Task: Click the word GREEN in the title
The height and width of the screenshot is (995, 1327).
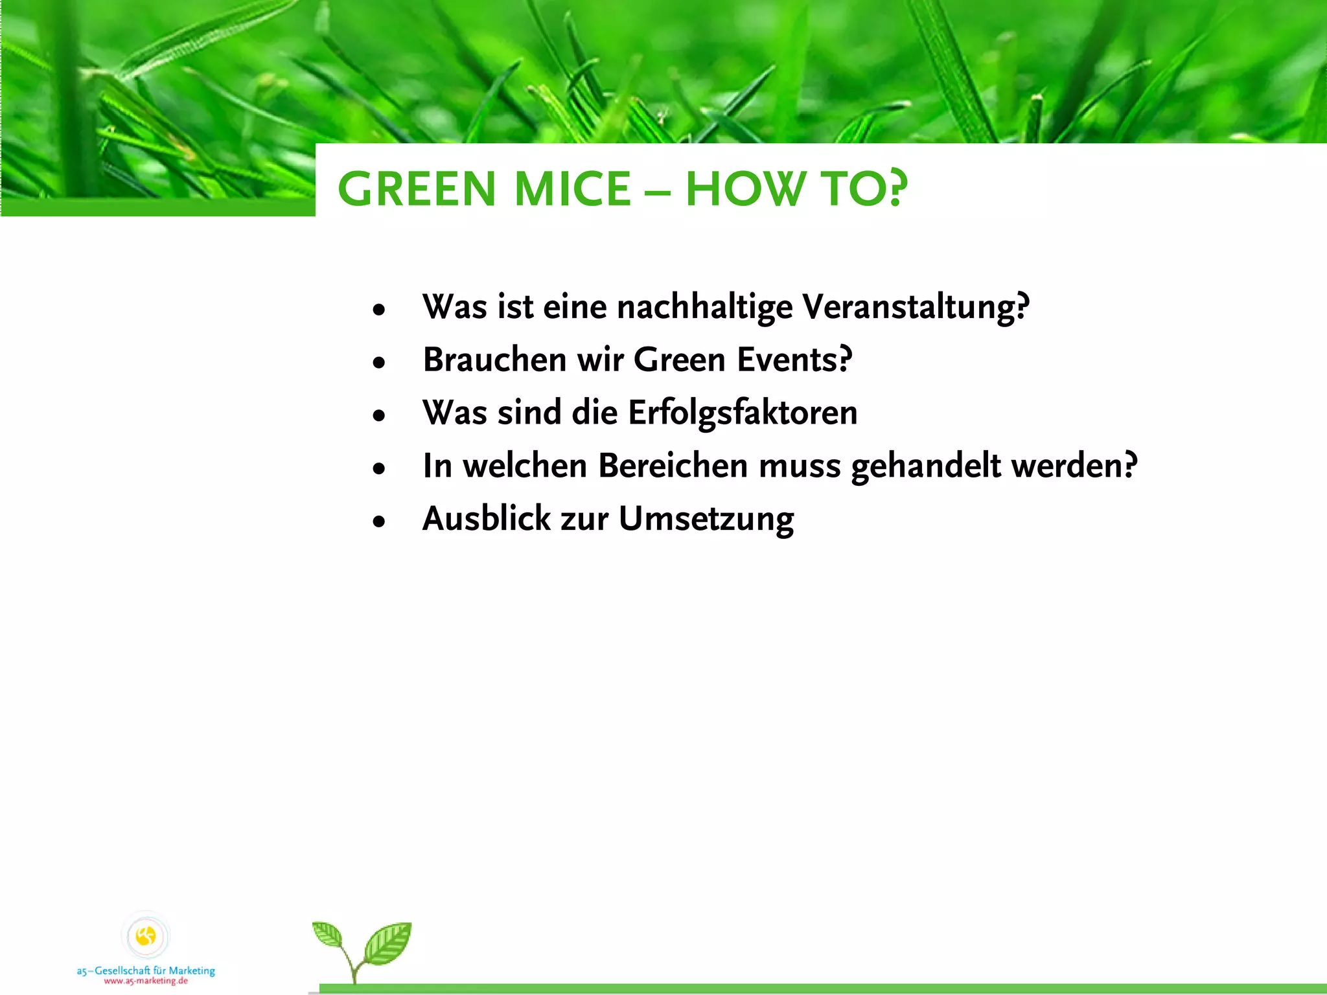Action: tap(416, 189)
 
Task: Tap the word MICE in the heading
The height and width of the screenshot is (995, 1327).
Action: tap(572, 189)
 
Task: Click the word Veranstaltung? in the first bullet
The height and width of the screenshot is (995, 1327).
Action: tap(916, 306)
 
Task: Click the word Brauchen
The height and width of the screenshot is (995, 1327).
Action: tap(494, 360)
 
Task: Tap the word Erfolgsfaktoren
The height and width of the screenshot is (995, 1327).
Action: tap(743, 413)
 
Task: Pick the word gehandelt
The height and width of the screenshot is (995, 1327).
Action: tap(926, 466)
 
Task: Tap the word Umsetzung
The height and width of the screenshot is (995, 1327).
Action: tap(706, 520)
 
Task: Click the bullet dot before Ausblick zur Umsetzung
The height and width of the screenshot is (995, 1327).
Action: tap(379, 521)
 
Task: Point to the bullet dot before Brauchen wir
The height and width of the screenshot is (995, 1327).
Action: tap(379, 362)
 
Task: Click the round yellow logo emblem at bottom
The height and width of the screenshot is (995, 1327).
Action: tap(146, 936)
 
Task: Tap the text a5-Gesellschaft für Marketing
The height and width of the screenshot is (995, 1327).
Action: tap(146, 970)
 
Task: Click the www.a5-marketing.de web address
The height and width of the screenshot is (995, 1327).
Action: tap(146, 981)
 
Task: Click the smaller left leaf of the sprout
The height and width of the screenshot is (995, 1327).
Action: tap(328, 935)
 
